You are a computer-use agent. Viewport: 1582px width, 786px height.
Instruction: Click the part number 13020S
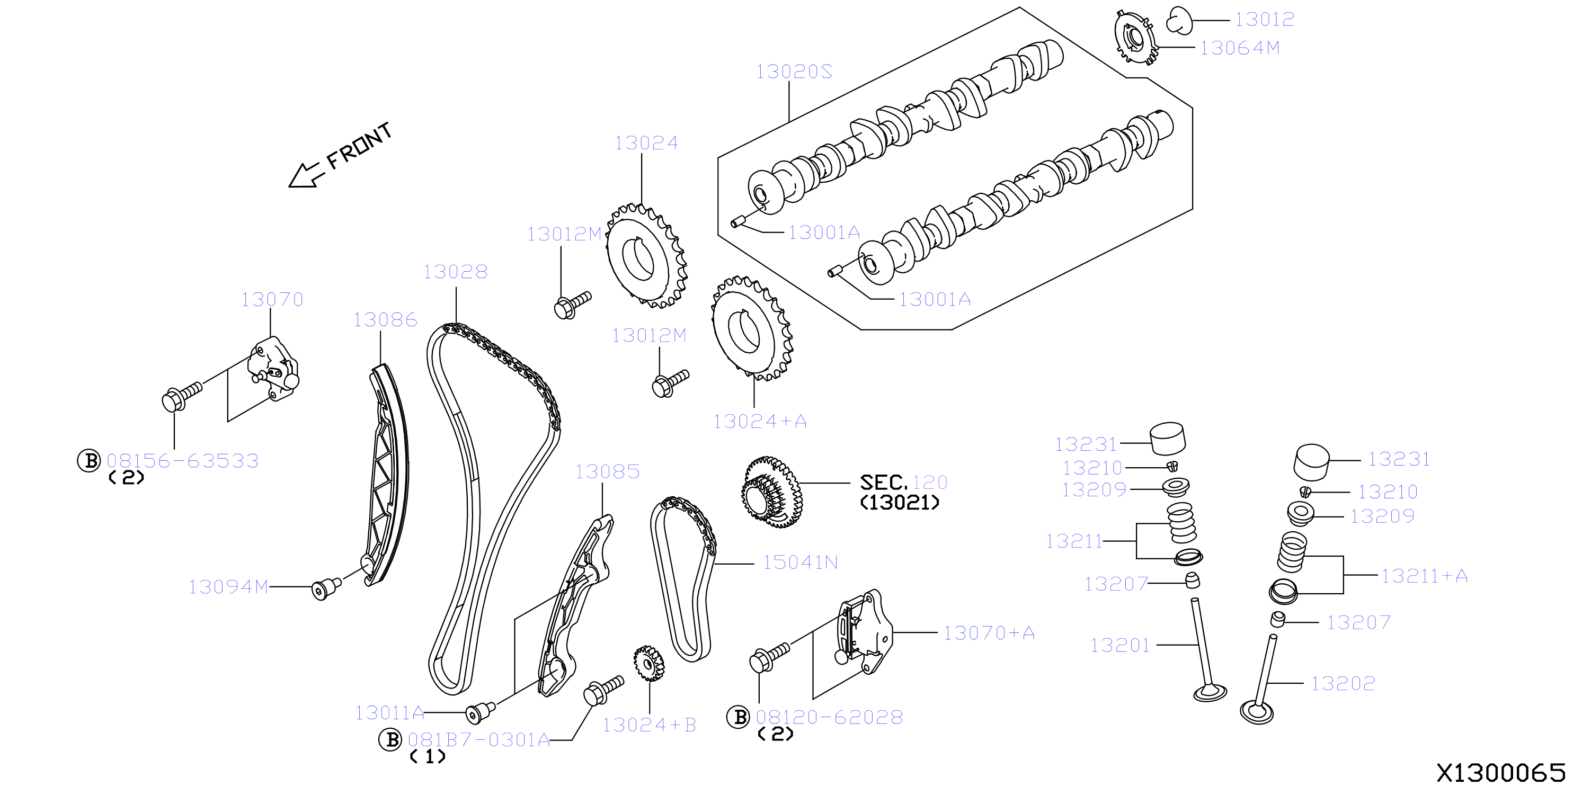794,72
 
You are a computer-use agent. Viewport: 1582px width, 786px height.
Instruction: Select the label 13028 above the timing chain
455,271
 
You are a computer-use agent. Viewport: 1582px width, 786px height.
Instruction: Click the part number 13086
385,319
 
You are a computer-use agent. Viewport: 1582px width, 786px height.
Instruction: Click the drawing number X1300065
1501,772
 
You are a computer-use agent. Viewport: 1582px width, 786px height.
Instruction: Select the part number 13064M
1239,48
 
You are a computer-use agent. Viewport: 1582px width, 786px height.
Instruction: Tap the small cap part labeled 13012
1178,20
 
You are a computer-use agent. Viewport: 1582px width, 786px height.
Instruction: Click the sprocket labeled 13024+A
752,328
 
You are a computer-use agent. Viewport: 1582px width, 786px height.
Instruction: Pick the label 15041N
800,562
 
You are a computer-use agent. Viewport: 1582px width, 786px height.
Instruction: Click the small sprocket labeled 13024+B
649,663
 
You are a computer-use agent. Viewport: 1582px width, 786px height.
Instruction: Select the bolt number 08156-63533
182,461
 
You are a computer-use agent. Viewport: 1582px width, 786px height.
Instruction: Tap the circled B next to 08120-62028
738,717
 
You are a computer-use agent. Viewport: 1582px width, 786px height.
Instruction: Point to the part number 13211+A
1424,576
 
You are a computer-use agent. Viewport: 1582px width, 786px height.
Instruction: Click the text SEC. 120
903,482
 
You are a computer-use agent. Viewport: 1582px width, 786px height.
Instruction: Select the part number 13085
607,471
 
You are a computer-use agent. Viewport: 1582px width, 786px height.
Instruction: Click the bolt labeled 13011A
479,713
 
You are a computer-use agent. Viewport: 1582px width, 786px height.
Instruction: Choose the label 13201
1119,646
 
